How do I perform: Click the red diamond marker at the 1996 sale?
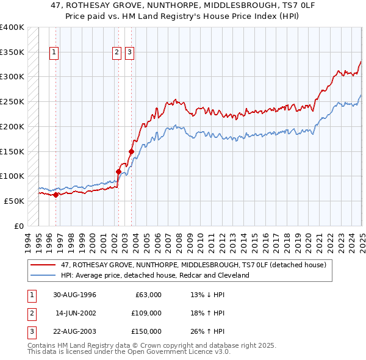(x=56, y=195)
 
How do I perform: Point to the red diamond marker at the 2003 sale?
(x=131, y=151)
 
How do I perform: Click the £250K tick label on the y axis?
(x=12, y=101)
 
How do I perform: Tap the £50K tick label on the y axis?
(x=15, y=201)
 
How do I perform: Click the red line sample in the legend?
(x=43, y=265)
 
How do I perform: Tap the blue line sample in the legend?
(x=43, y=276)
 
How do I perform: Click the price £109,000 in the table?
(x=146, y=313)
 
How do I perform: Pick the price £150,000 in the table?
(x=146, y=331)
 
